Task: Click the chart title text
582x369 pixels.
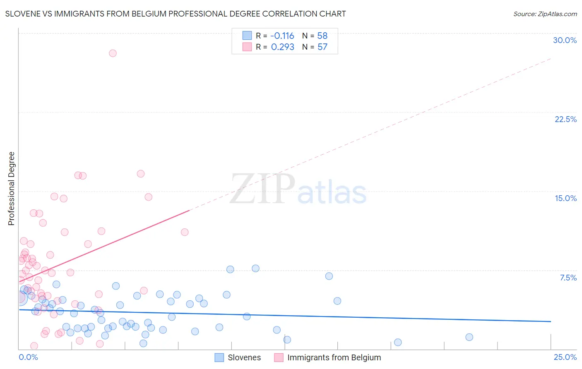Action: click(176, 14)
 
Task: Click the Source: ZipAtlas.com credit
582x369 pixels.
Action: click(545, 14)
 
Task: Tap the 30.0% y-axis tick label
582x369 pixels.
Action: click(565, 40)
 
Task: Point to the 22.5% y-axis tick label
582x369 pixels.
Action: click(565, 119)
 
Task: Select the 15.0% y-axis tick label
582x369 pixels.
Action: click(565, 198)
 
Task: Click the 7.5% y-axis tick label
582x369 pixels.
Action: click(568, 278)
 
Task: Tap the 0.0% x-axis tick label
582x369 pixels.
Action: click(29, 357)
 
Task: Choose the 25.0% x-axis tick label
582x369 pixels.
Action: click(565, 357)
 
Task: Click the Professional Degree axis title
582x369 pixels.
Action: click(11, 189)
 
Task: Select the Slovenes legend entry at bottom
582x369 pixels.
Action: click(244, 357)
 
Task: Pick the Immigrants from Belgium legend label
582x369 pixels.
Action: click(334, 357)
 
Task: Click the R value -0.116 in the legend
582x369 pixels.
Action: click(282, 36)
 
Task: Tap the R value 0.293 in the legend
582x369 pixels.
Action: click(282, 47)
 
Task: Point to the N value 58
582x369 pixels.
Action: click(322, 36)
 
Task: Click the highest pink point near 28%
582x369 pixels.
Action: click(113, 53)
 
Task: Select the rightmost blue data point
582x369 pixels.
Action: click(469, 337)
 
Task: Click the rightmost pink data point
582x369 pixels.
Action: click(185, 232)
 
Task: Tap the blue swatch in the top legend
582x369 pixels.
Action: click(247, 36)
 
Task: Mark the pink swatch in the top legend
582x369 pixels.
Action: click(247, 47)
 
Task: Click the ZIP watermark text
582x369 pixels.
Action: click(262, 189)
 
